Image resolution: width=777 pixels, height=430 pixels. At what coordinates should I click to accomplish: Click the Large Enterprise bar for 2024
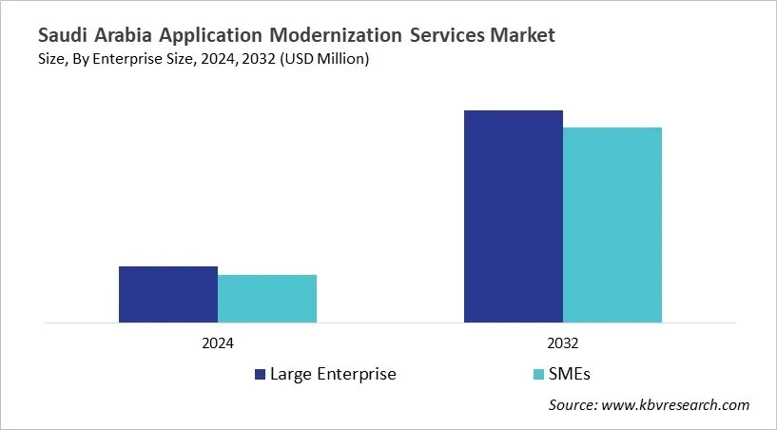pos(168,294)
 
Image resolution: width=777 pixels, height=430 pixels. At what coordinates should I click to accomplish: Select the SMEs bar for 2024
pos(267,299)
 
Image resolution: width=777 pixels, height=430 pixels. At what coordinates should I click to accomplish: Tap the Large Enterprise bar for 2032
pos(514,216)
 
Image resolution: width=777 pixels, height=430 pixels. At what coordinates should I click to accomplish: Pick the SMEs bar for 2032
pos(612,225)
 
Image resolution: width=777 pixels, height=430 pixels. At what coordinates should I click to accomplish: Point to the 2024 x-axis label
pos(218,342)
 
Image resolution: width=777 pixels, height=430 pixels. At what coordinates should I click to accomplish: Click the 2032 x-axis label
pos(563,342)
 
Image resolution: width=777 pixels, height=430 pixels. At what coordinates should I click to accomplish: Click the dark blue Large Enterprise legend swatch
pos(260,374)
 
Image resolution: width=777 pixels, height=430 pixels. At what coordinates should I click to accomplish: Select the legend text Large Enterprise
pos(333,374)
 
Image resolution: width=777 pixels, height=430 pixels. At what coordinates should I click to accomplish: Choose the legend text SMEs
pos(576,374)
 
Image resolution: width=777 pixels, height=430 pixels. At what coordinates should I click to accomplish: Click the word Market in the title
pos(524,36)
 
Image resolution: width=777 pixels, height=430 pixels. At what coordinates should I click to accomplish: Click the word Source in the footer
pos(572,405)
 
